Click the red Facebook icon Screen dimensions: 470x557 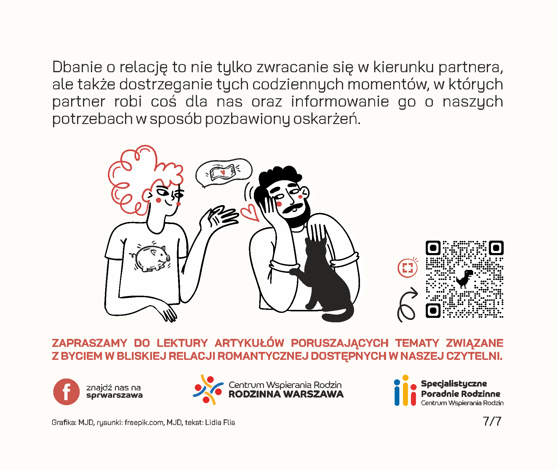66,392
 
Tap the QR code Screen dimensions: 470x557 464,279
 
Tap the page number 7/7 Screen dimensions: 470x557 492,421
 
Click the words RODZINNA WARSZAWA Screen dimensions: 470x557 286,395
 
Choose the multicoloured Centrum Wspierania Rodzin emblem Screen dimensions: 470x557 208,389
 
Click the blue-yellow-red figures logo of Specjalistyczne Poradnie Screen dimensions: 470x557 405,391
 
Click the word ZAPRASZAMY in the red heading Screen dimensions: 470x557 89,343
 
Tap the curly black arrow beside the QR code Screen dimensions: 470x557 407,305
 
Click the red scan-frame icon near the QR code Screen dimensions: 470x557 407,268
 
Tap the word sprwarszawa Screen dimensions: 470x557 114,395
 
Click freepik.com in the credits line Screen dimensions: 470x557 144,422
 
